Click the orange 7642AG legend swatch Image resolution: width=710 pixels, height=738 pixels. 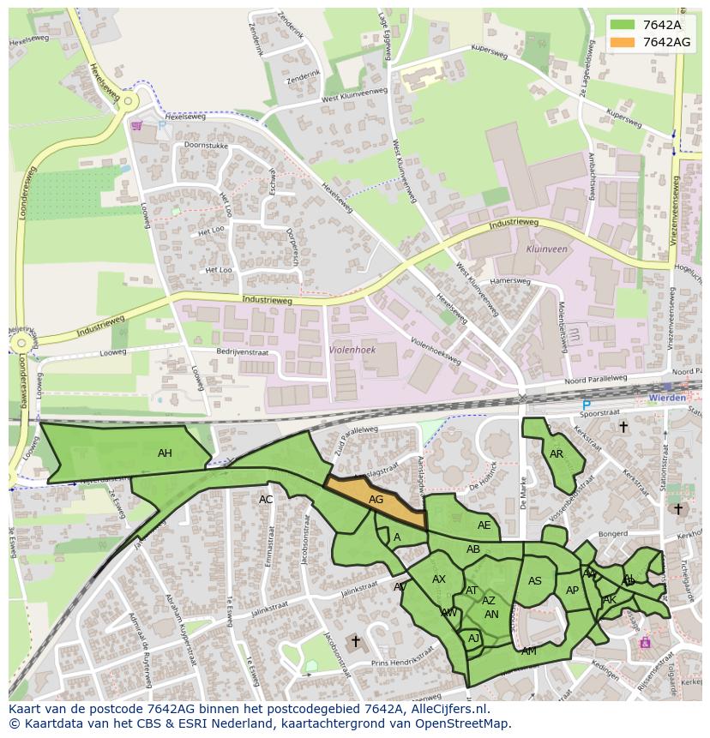623,42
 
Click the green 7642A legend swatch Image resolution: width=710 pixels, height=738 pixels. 623,25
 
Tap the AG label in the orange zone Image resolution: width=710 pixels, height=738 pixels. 376,499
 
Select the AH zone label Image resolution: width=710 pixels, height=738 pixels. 165,453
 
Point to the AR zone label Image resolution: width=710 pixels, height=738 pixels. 557,454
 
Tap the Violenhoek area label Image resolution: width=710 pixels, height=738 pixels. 352,350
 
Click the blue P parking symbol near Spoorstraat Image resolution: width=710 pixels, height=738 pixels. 587,405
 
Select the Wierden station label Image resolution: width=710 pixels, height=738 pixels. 667,398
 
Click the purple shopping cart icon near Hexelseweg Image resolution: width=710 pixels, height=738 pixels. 136,125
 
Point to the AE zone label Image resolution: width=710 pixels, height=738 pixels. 484,525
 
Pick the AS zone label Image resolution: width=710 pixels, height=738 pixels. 535,581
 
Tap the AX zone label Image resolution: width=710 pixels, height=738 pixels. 439,579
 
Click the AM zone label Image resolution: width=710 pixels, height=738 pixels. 529,651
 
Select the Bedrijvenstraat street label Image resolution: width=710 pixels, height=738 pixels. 243,352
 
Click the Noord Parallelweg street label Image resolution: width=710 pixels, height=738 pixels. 596,379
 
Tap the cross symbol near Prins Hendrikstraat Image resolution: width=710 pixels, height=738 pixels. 356,640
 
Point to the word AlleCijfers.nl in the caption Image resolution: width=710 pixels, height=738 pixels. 447,709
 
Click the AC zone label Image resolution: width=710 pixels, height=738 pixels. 266,499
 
